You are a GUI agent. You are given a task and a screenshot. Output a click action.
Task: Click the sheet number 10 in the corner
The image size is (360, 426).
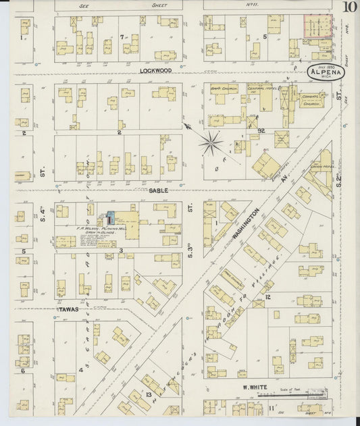[x=349, y=7]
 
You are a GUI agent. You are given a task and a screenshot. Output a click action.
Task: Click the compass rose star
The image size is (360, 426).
[x=211, y=142]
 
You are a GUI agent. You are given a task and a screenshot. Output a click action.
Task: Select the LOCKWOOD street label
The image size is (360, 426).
[x=156, y=70]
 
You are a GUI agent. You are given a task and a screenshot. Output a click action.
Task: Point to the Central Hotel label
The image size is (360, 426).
[x=259, y=87]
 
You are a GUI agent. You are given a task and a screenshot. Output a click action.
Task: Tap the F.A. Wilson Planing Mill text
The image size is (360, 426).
[x=100, y=230]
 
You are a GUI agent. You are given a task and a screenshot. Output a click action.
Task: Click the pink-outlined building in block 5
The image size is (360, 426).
[x=317, y=26]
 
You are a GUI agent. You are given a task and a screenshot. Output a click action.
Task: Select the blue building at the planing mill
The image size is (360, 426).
[x=111, y=217]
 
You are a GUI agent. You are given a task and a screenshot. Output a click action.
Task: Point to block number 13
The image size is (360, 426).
[x=148, y=394]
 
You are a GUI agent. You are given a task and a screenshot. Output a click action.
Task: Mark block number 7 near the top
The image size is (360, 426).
[x=122, y=36]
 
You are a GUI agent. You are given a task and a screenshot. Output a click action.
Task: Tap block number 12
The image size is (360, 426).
[x=268, y=297]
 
